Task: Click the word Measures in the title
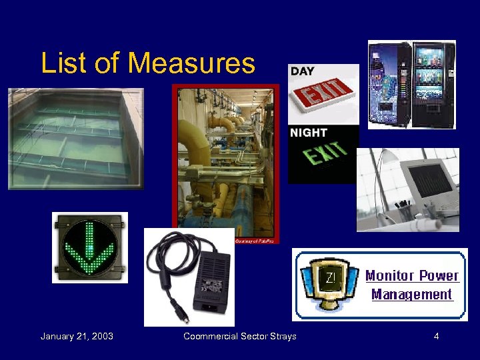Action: coord(191,63)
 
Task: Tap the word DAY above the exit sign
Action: coord(303,71)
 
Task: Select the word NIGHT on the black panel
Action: coord(309,133)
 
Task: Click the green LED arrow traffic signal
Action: coord(89,247)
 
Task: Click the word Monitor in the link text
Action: coord(390,276)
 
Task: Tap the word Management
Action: coord(411,294)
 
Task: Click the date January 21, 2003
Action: coord(77,336)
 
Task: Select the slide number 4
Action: coord(436,336)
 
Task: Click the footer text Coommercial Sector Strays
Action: coord(240,336)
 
